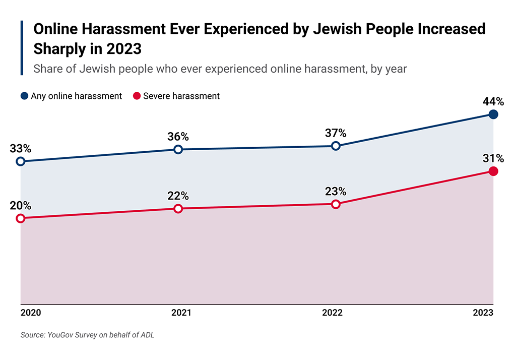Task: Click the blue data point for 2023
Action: (x=493, y=114)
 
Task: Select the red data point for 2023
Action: (x=493, y=171)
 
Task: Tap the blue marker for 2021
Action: (x=178, y=149)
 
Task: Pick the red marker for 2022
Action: (x=336, y=204)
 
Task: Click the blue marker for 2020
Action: (x=21, y=161)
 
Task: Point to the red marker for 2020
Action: (x=21, y=218)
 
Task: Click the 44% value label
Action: (x=493, y=101)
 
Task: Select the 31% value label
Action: (x=493, y=158)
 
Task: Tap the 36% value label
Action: (x=178, y=137)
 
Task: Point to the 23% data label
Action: (x=336, y=192)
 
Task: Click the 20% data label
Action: (x=21, y=205)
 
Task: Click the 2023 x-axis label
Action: (x=483, y=313)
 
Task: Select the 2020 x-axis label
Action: (x=31, y=313)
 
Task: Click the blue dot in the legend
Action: (x=24, y=96)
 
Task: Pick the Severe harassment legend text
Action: (x=181, y=96)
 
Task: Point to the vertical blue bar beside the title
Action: (x=22, y=48)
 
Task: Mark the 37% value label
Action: (x=336, y=133)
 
